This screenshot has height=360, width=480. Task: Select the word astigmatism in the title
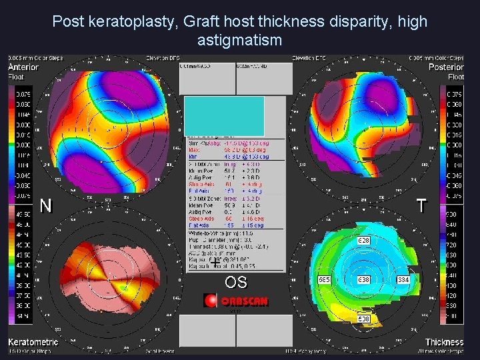[x=240, y=40]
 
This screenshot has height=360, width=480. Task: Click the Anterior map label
[x=23, y=67]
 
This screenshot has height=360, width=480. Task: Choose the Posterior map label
[x=446, y=67]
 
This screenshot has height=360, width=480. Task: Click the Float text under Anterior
[x=16, y=77]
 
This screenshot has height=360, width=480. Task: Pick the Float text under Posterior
[x=455, y=77]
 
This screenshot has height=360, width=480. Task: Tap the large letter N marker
[x=45, y=206]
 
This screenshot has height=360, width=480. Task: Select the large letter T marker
[x=422, y=206]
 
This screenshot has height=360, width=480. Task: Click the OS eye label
[x=235, y=283]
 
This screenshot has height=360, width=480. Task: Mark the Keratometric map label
[x=33, y=342]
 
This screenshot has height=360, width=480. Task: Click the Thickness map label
[x=444, y=342]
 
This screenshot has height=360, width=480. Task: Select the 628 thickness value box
[x=364, y=239]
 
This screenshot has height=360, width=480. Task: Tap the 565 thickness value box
[x=324, y=279]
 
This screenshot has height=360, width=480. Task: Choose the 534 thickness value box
[x=403, y=279]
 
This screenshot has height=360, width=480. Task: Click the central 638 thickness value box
[x=364, y=279]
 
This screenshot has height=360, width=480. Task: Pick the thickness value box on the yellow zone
[x=364, y=319]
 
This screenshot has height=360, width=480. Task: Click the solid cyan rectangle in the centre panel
[x=224, y=116]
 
